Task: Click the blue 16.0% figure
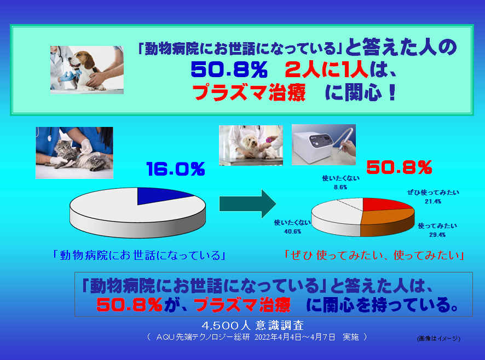[176, 169]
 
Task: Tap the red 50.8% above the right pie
[399, 167]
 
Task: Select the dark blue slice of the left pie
[161, 195]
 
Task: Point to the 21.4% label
[433, 201]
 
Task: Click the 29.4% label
[437, 235]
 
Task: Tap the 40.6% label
[293, 231]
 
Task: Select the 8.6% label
[340, 187]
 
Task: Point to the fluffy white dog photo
[251, 145]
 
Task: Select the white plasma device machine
[313, 146]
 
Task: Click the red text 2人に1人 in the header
[326, 70]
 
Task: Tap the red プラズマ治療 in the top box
[249, 92]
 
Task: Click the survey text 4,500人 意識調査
[253, 325]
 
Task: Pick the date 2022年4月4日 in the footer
[278, 337]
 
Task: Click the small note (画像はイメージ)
[438, 338]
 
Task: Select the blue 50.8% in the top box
[229, 70]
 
